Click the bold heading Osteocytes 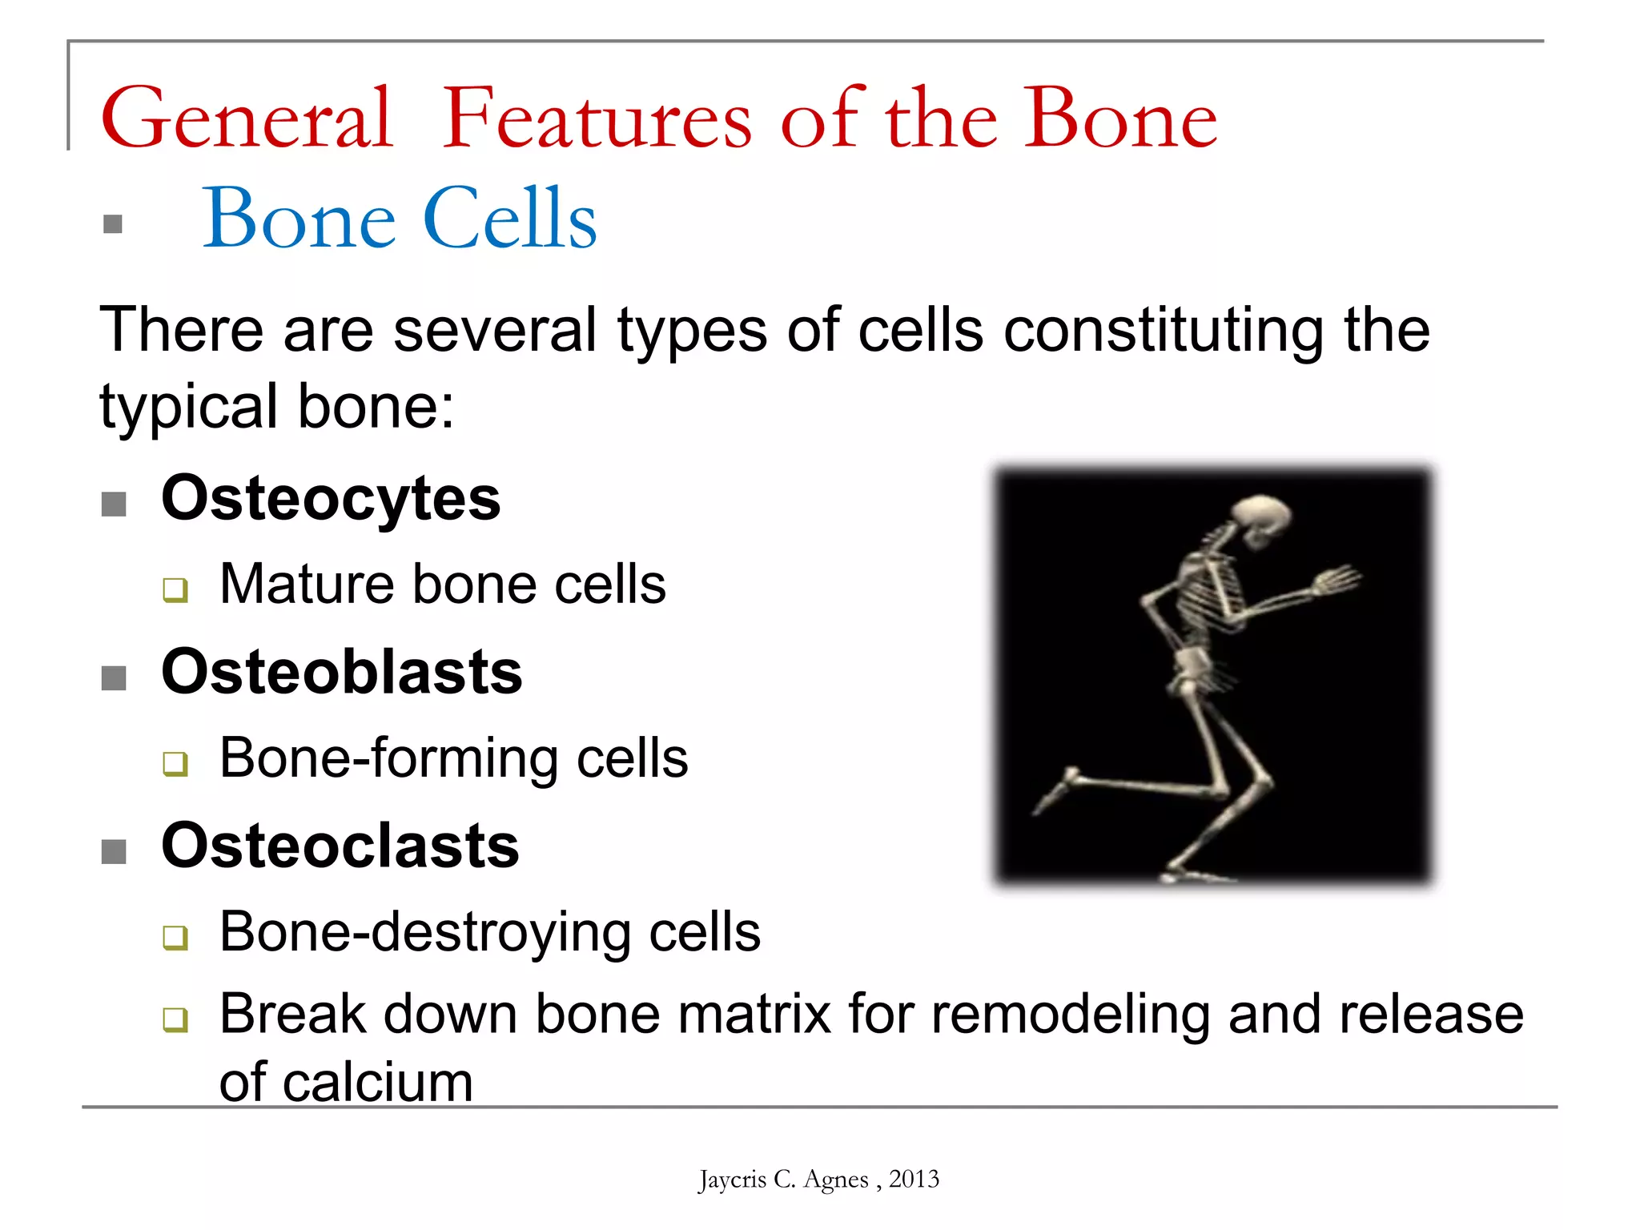point(331,498)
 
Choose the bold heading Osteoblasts point(342,672)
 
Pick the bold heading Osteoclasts point(340,846)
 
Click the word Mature point(307,584)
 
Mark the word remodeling point(1070,1015)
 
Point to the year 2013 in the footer point(914,1179)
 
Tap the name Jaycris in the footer point(731,1180)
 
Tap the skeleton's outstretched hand point(1335,579)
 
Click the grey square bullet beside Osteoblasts point(115,677)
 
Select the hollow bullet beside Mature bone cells point(175,590)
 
